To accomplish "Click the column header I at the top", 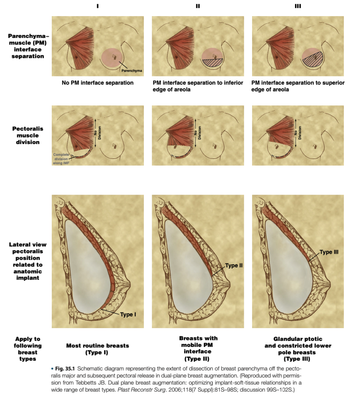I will point(97,6).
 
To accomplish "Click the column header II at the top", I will point(198,6).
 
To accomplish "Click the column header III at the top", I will point(298,6).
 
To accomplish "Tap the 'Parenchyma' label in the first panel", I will point(132,71).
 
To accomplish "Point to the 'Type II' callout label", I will point(234,266).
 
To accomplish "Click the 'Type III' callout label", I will point(329,252).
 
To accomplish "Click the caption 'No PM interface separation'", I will point(98,83).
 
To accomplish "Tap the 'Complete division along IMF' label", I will point(61,159).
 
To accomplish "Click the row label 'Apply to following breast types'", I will point(28,349).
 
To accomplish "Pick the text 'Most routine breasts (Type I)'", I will point(98,349).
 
